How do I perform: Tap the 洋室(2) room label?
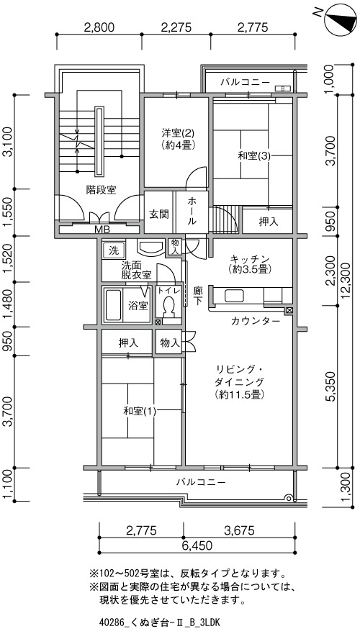[178, 133]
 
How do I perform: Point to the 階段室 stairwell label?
[101, 189]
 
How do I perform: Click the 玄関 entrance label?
[158, 214]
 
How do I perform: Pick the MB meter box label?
[102, 230]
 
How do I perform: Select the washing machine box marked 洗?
[113, 250]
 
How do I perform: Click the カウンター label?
[256, 321]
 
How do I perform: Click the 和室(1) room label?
[140, 411]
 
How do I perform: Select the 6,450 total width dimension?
[197, 545]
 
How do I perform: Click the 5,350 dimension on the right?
[331, 386]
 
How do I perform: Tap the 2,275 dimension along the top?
[176, 27]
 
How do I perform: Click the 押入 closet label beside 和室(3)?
[269, 222]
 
